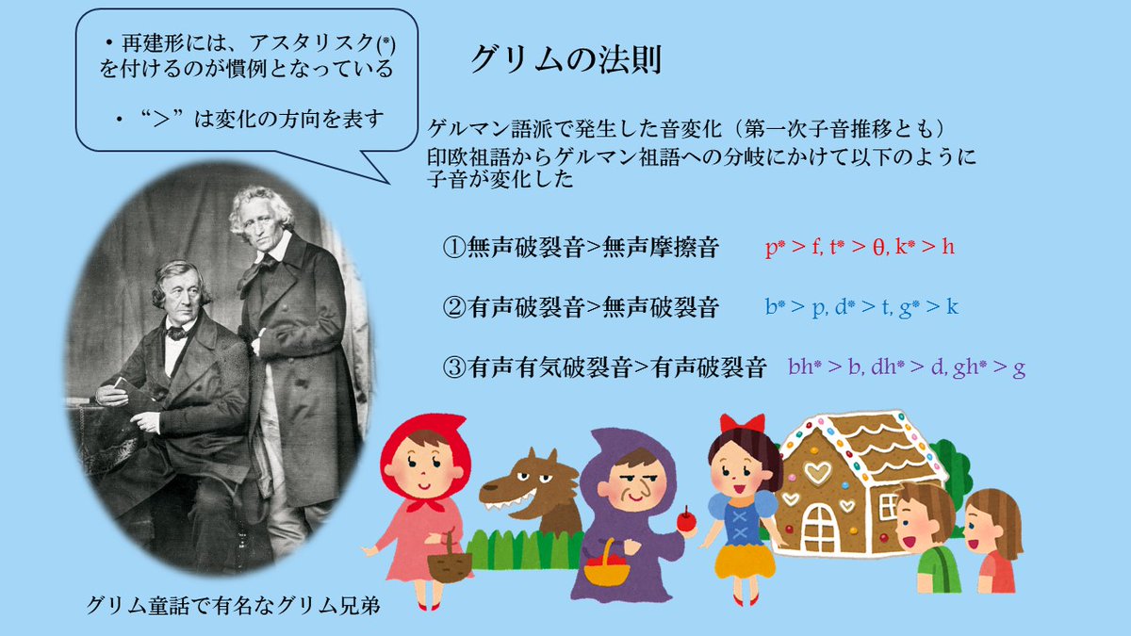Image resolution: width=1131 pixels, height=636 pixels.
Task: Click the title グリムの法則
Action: pyautogui.click(x=565, y=59)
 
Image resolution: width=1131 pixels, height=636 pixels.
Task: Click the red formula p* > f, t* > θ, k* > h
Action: pyautogui.click(x=861, y=249)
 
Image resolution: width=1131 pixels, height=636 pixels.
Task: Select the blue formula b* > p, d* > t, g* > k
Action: pyautogui.click(x=862, y=307)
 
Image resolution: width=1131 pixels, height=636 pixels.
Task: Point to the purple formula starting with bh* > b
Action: pyautogui.click(x=906, y=367)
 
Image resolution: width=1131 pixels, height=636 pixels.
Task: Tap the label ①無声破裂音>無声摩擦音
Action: pyautogui.click(x=582, y=249)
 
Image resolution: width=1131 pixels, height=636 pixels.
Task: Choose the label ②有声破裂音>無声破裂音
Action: pyautogui.click(x=582, y=307)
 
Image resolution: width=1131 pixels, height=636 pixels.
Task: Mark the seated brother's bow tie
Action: pyautogui.click(x=175, y=332)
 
